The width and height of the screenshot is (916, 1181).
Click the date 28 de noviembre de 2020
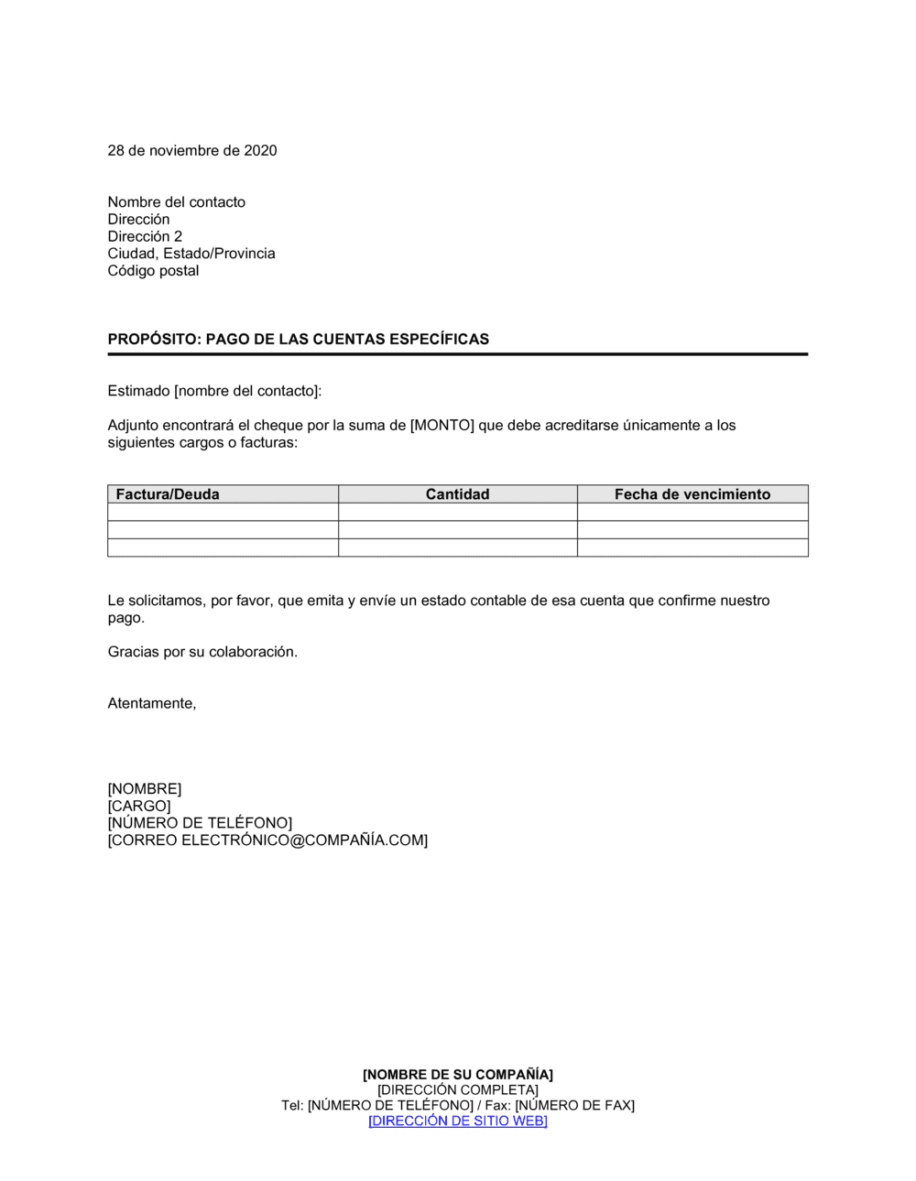pos(192,151)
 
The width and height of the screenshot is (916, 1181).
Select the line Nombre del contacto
pos(177,202)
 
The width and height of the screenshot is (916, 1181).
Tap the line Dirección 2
pos(145,236)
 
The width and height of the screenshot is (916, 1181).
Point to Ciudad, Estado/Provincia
pos(191,254)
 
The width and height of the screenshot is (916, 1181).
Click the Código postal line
pos(153,271)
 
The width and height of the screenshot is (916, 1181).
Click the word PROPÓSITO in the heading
pos(153,340)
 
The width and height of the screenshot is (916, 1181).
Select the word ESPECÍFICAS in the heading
pos(439,340)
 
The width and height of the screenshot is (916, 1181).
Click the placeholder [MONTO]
pos(442,426)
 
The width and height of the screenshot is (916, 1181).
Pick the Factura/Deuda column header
pos(168,494)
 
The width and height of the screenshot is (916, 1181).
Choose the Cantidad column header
pos(457,494)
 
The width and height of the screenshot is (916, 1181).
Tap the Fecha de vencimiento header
pos(692,494)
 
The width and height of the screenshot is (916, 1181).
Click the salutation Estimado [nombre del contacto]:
pos(214,392)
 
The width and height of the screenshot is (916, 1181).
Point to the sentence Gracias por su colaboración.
pos(202,652)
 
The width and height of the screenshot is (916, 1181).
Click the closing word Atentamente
pos(152,704)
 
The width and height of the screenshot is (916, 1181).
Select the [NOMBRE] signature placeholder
pos(145,789)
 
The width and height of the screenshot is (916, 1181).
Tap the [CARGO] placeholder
pos(139,807)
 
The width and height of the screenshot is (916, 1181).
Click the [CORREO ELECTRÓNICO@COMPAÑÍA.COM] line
pos(267,840)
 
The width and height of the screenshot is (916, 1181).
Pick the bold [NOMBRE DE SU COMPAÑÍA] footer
pos(458,1075)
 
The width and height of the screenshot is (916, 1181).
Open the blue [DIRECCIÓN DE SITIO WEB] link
pos(458,1121)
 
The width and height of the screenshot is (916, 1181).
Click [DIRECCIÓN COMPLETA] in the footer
pos(458,1090)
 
